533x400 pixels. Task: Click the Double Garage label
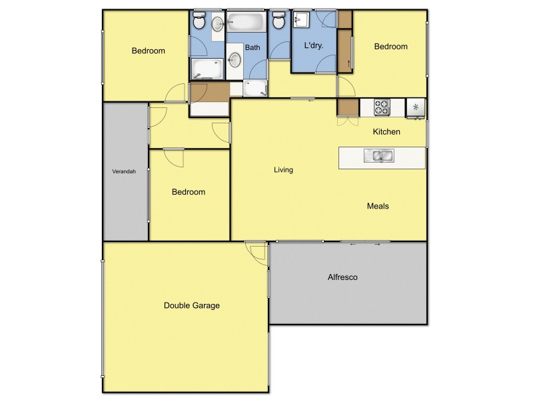tap(192, 305)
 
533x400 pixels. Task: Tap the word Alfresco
tap(342, 277)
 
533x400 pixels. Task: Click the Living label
tap(283, 170)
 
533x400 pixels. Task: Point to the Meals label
tap(378, 206)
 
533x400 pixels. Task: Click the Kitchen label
tap(386, 132)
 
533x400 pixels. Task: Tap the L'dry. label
tap(314, 47)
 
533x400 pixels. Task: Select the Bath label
tap(253, 47)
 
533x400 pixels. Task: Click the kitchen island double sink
tap(378, 157)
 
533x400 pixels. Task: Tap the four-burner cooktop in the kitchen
tap(382, 106)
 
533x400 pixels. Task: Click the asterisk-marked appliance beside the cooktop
tap(416, 107)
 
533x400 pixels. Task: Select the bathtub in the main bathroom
tap(247, 24)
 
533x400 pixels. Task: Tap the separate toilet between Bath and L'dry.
tap(278, 21)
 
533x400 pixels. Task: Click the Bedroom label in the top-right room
tap(390, 47)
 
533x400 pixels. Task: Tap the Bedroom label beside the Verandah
tap(189, 192)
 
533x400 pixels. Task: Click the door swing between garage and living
tap(256, 250)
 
